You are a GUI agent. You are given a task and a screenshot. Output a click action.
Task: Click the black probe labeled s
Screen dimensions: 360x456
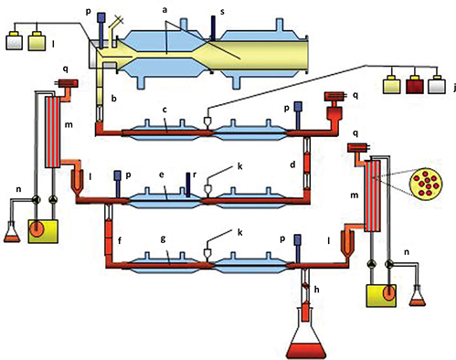[x=213, y=28]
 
